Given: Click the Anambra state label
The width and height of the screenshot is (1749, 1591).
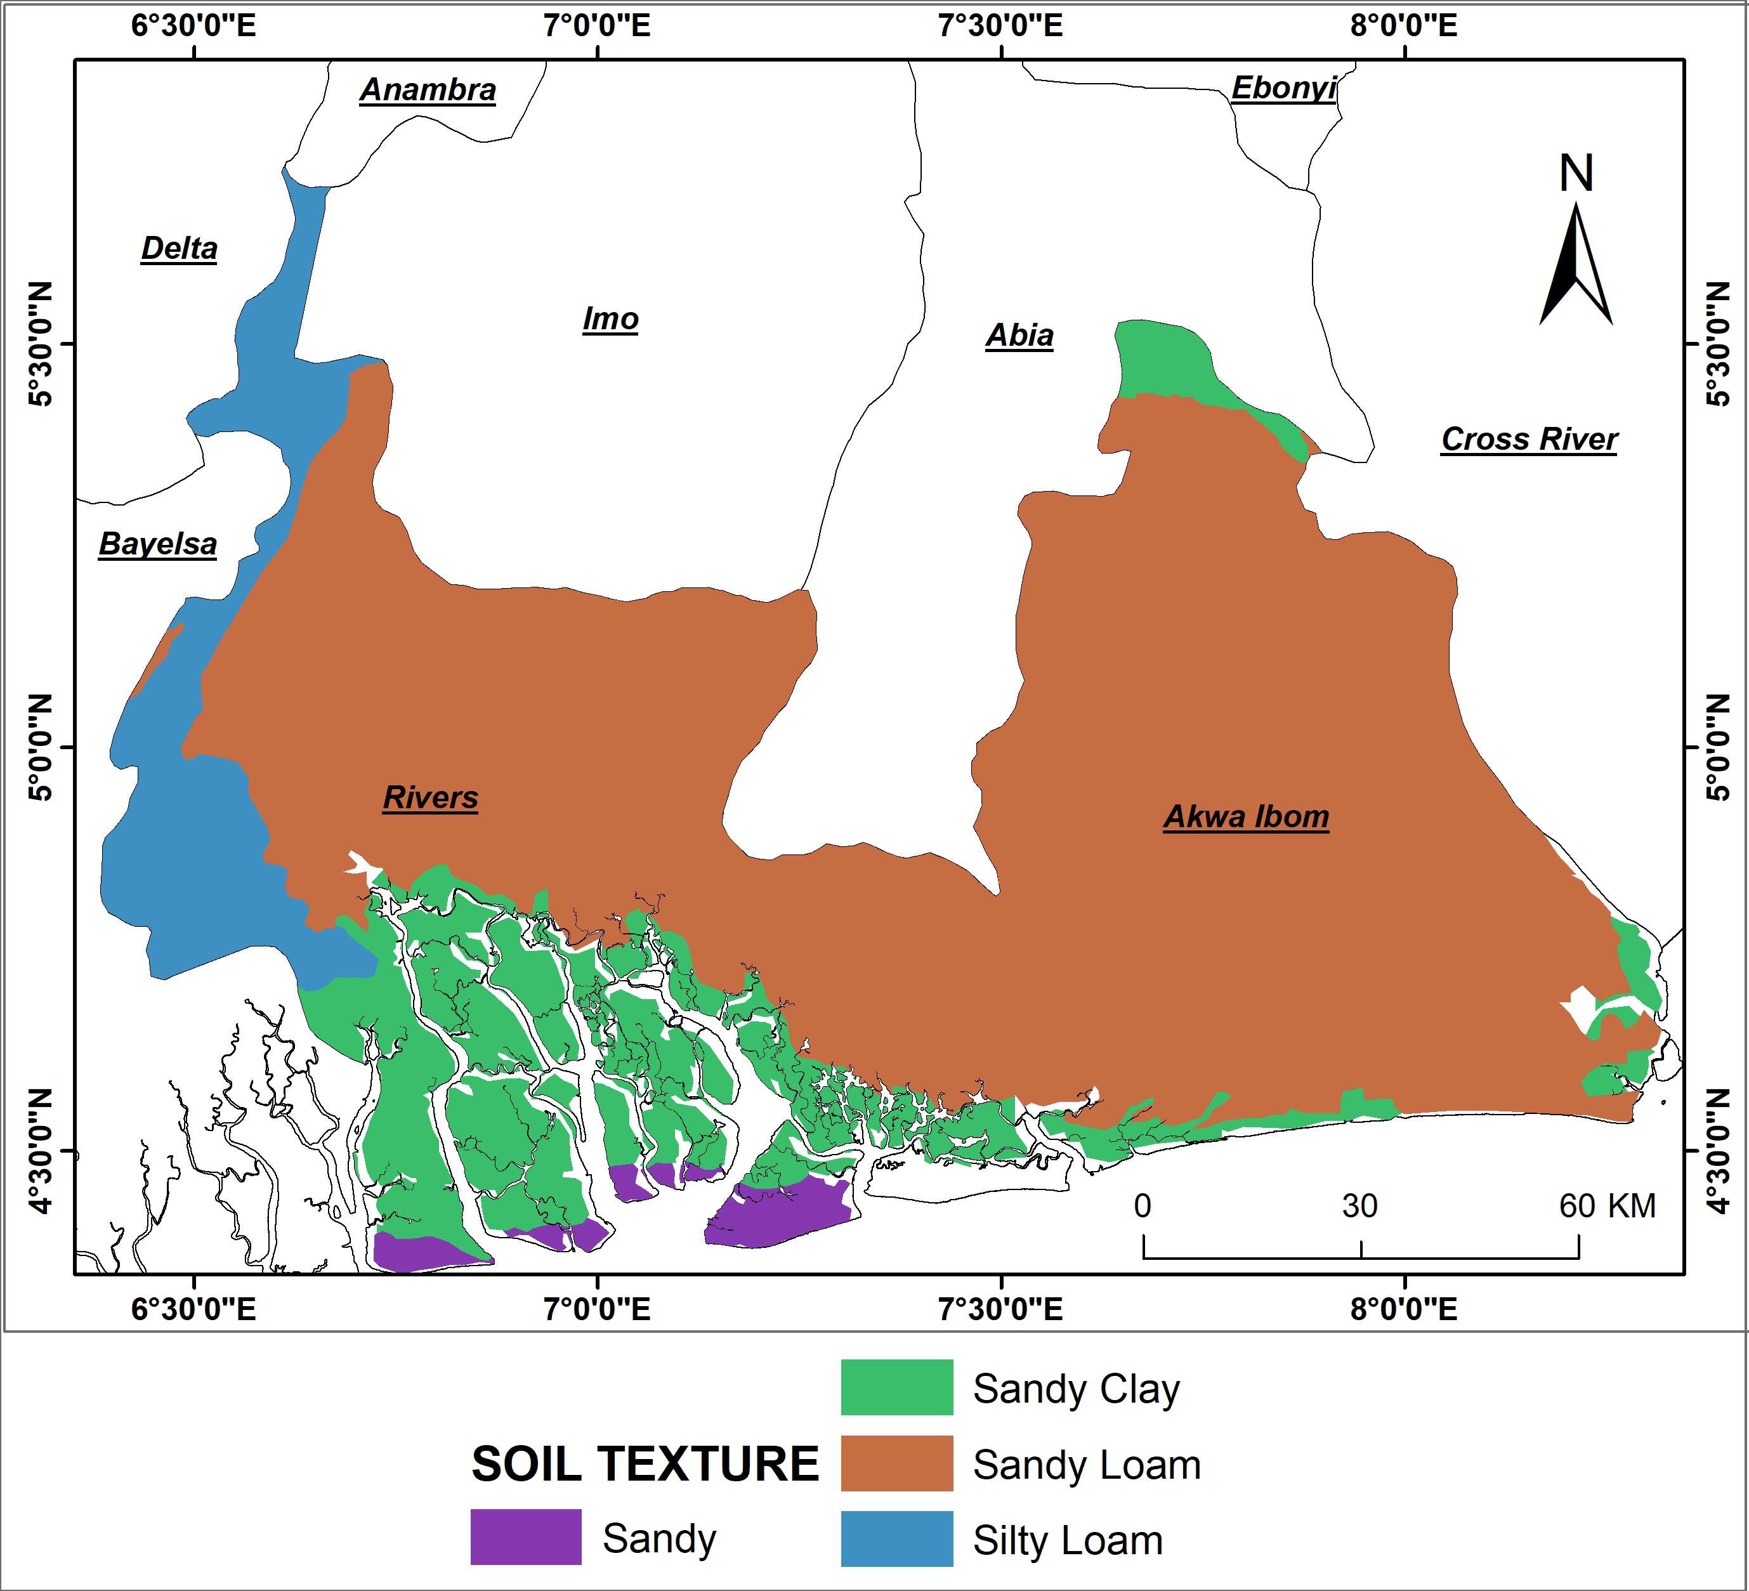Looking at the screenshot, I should (x=428, y=89).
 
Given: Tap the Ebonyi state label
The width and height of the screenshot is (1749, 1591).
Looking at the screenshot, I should (x=1283, y=88).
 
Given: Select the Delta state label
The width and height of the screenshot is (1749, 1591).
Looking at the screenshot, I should (x=179, y=248).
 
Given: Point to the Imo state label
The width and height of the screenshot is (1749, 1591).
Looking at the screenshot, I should (x=610, y=318).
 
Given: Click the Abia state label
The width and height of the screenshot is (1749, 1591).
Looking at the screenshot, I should (x=1019, y=335).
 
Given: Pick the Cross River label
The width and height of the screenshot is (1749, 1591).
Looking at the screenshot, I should (x=1529, y=439).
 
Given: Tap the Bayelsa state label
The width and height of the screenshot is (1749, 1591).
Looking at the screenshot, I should (x=157, y=544).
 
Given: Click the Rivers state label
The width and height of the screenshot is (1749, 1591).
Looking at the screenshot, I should (x=430, y=797).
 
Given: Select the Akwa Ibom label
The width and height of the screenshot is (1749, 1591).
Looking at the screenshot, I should (x=1246, y=816).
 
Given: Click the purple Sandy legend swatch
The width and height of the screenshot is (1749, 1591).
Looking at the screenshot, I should (x=526, y=1537).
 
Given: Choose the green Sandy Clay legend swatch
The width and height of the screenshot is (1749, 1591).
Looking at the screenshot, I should (x=896, y=1388).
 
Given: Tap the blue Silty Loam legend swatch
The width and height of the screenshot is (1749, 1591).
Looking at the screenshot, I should (x=896, y=1539).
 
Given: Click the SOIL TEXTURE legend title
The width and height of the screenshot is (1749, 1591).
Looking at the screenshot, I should (x=645, y=1464).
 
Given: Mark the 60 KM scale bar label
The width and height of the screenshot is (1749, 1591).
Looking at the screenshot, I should (x=1607, y=1206).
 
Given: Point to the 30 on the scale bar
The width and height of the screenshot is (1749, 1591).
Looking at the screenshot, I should (x=1359, y=1206).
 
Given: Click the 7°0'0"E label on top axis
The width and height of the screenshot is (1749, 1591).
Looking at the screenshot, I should (x=597, y=25).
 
